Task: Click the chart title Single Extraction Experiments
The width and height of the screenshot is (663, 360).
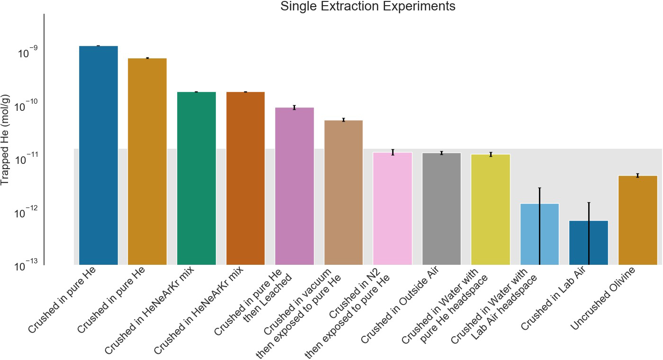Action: tap(367, 7)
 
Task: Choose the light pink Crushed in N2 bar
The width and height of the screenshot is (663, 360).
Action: tap(392, 208)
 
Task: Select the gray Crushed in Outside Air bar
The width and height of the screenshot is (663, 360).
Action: tap(441, 208)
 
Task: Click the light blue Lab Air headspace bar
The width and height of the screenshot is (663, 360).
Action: tap(539, 234)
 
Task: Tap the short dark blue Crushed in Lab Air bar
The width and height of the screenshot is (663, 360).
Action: tap(588, 243)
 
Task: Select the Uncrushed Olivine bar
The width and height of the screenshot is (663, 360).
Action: tap(637, 220)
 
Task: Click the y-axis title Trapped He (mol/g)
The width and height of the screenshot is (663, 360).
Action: tap(6, 140)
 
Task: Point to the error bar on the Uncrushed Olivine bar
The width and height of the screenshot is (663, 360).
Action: tap(637, 175)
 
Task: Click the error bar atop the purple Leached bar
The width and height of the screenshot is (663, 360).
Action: tap(294, 108)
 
